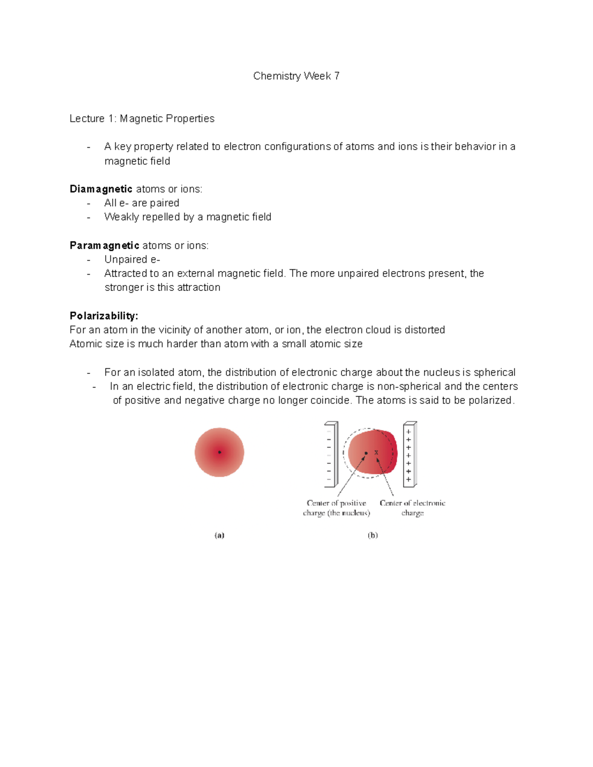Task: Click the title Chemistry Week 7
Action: pyautogui.click(x=296, y=76)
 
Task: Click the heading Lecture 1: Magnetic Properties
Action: pyautogui.click(x=142, y=119)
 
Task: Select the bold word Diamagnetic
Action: pyautogui.click(x=101, y=189)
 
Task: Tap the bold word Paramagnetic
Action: pyautogui.click(x=104, y=245)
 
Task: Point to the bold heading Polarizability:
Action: pyautogui.click(x=104, y=316)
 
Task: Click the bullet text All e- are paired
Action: pyautogui.click(x=142, y=203)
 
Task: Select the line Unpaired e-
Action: pyautogui.click(x=132, y=259)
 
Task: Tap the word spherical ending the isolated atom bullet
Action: pyautogui.click(x=494, y=372)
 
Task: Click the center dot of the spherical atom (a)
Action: pyautogui.click(x=219, y=452)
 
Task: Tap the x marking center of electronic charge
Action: pyautogui.click(x=376, y=452)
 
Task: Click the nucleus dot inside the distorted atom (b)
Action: pyautogui.click(x=366, y=453)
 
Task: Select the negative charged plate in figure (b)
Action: pyautogui.click(x=331, y=453)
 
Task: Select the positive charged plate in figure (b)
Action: pyautogui.click(x=410, y=453)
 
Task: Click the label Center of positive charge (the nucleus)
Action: pyautogui.click(x=337, y=508)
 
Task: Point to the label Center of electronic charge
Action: pyautogui.click(x=412, y=508)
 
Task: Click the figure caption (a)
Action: pyautogui.click(x=219, y=535)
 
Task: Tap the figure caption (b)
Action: pyautogui.click(x=373, y=535)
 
